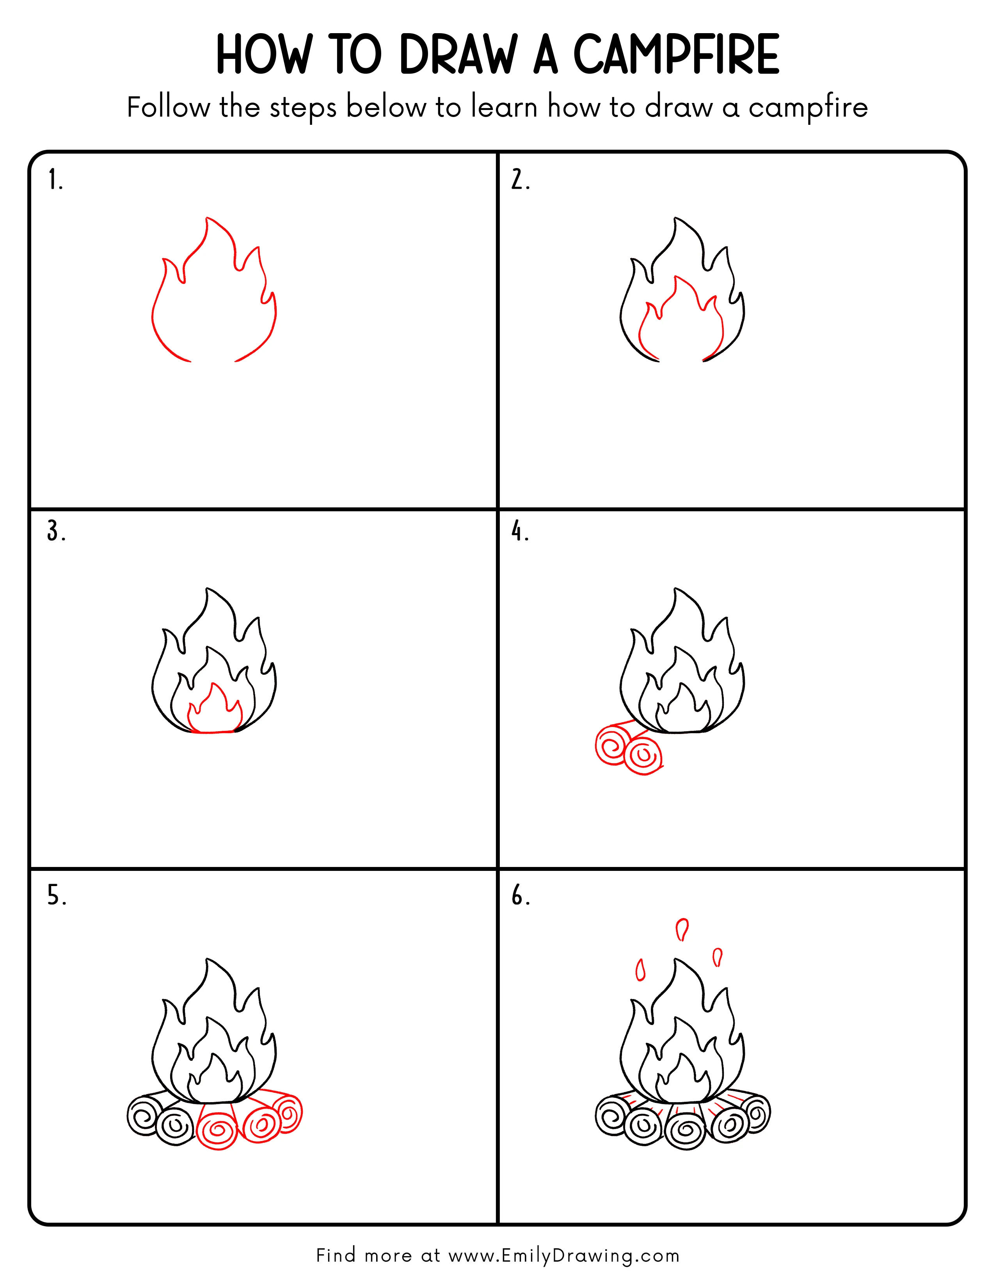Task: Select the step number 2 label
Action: pos(520,180)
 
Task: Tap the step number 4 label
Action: pos(519,532)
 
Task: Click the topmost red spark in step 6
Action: pos(682,930)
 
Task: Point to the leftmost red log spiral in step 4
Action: pos(613,745)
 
